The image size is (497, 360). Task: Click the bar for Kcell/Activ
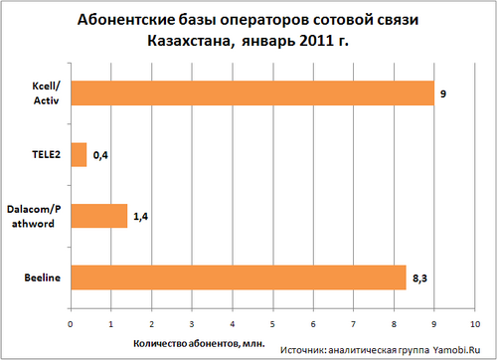coord(252,93)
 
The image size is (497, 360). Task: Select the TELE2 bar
coord(79,154)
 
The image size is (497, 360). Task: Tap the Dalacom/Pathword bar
coord(98,216)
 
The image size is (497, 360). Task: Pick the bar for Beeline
coord(239,277)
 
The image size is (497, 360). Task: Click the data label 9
coord(444,94)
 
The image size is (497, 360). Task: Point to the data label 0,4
coord(100,155)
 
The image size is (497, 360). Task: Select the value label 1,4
coord(141,217)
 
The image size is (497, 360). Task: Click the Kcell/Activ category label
coord(44,93)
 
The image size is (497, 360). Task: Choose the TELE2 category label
coord(46,155)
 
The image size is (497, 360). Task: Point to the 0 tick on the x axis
coord(71,323)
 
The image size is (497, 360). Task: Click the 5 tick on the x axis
coord(272,323)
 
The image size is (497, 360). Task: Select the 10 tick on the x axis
coord(474,323)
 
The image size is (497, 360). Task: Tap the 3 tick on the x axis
coord(192,323)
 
